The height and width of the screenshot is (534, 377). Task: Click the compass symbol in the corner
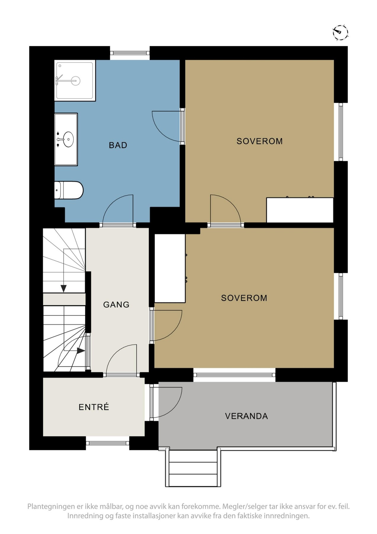click(x=340, y=32)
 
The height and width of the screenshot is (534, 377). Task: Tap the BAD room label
click(x=118, y=145)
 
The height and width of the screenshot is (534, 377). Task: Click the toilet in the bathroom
click(x=69, y=190)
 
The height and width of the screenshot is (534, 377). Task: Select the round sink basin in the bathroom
click(x=68, y=139)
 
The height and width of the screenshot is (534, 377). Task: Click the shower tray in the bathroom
click(x=75, y=80)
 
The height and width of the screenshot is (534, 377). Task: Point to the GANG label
click(x=116, y=304)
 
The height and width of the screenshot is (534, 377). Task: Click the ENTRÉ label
click(x=94, y=407)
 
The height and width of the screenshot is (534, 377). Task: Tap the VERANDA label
click(x=246, y=416)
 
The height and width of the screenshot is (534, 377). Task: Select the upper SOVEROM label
click(x=259, y=141)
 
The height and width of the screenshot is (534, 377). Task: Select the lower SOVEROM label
click(x=244, y=298)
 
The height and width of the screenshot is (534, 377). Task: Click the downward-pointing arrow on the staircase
click(x=63, y=288)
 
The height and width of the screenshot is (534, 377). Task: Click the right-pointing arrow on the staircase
click(x=81, y=351)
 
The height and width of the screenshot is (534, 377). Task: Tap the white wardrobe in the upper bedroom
click(x=300, y=210)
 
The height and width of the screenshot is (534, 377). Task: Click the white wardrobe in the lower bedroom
click(x=170, y=268)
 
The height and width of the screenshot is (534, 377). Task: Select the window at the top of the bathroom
click(x=130, y=53)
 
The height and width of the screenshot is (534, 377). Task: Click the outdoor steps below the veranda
click(x=193, y=468)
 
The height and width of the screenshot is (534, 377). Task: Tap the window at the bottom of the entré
click(x=108, y=443)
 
